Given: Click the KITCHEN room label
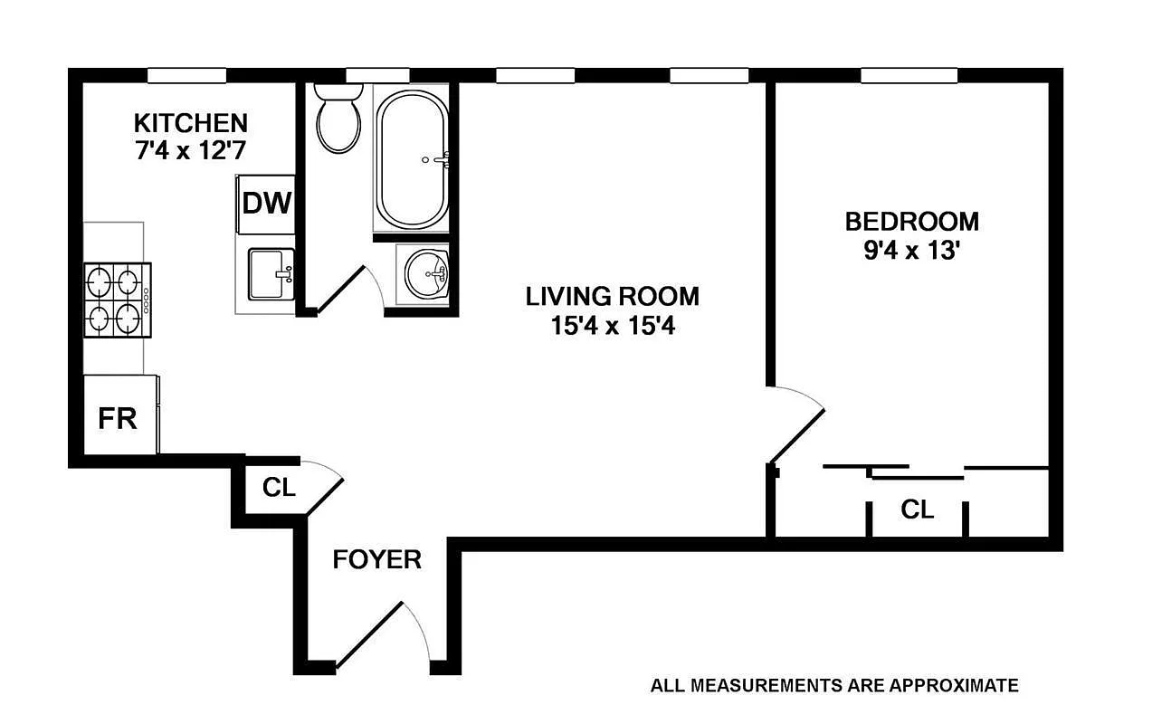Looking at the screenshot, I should click(190, 122).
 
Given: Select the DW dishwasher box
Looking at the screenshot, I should click(266, 203).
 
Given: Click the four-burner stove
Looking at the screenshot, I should click(118, 300).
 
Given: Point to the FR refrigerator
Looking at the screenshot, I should click(119, 417).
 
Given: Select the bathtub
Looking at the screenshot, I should click(412, 160).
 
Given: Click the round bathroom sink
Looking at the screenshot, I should click(427, 272).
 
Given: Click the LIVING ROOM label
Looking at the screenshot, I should click(613, 296).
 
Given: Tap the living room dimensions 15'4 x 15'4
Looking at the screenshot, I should click(613, 325).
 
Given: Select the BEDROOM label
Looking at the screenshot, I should click(911, 221).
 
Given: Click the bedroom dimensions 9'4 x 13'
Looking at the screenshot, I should click(911, 250).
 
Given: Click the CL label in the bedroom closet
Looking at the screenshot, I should click(917, 510).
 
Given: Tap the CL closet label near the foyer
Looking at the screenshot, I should click(279, 488).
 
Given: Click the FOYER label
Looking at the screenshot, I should click(376, 559).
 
